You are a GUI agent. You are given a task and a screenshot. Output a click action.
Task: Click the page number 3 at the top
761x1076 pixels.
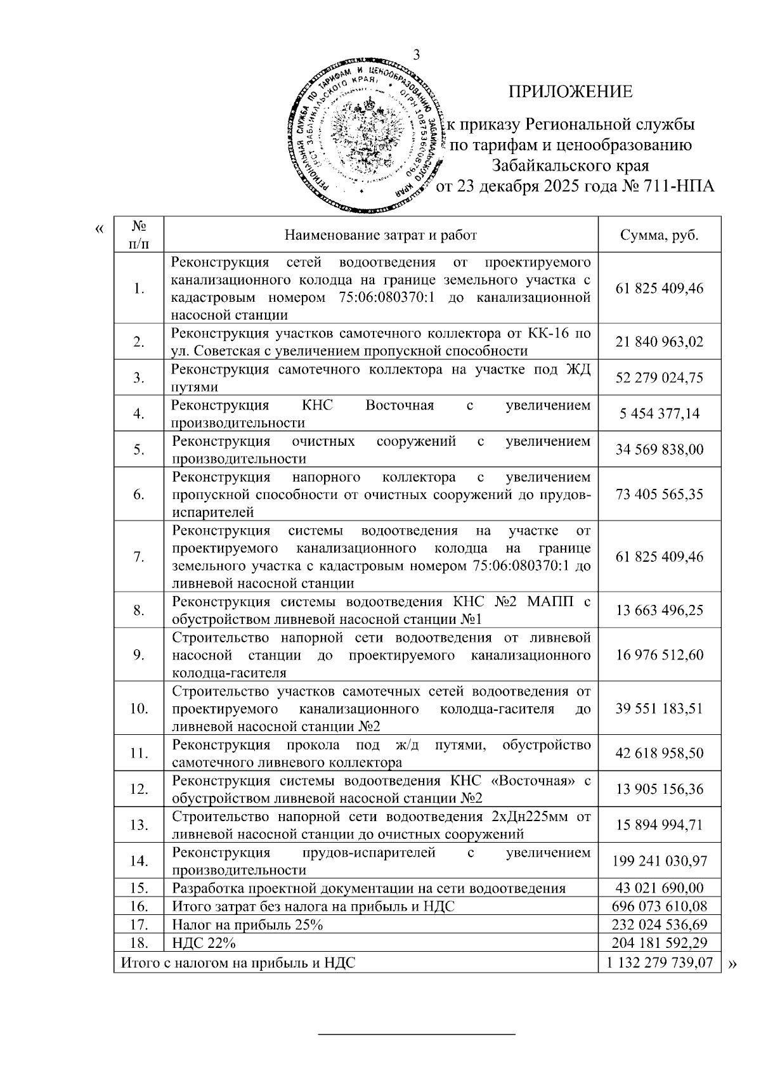click(417, 55)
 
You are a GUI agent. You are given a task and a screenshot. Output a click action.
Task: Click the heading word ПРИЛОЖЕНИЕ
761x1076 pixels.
click(571, 92)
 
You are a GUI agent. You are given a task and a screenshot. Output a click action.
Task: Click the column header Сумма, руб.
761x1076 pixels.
click(660, 235)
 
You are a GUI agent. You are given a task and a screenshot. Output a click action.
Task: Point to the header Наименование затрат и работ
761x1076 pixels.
click(380, 235)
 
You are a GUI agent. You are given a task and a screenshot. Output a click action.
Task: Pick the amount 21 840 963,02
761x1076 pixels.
click(660, 342)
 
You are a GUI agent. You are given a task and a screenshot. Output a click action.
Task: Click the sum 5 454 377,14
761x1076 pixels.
click(660, 413)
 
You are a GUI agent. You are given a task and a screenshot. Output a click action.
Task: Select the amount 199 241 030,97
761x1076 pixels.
click(660, 861)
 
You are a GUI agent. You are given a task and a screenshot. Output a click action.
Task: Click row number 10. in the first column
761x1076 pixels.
click(139, 708)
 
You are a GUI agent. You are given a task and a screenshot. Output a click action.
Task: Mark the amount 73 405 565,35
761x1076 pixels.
click(660, 494)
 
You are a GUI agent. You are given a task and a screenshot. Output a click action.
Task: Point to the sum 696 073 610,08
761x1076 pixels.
click(660, 907)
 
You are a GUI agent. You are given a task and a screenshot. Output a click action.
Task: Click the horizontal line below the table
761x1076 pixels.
click(417, 1035)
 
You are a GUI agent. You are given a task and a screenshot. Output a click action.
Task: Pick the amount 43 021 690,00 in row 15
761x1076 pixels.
click(660, 888)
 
